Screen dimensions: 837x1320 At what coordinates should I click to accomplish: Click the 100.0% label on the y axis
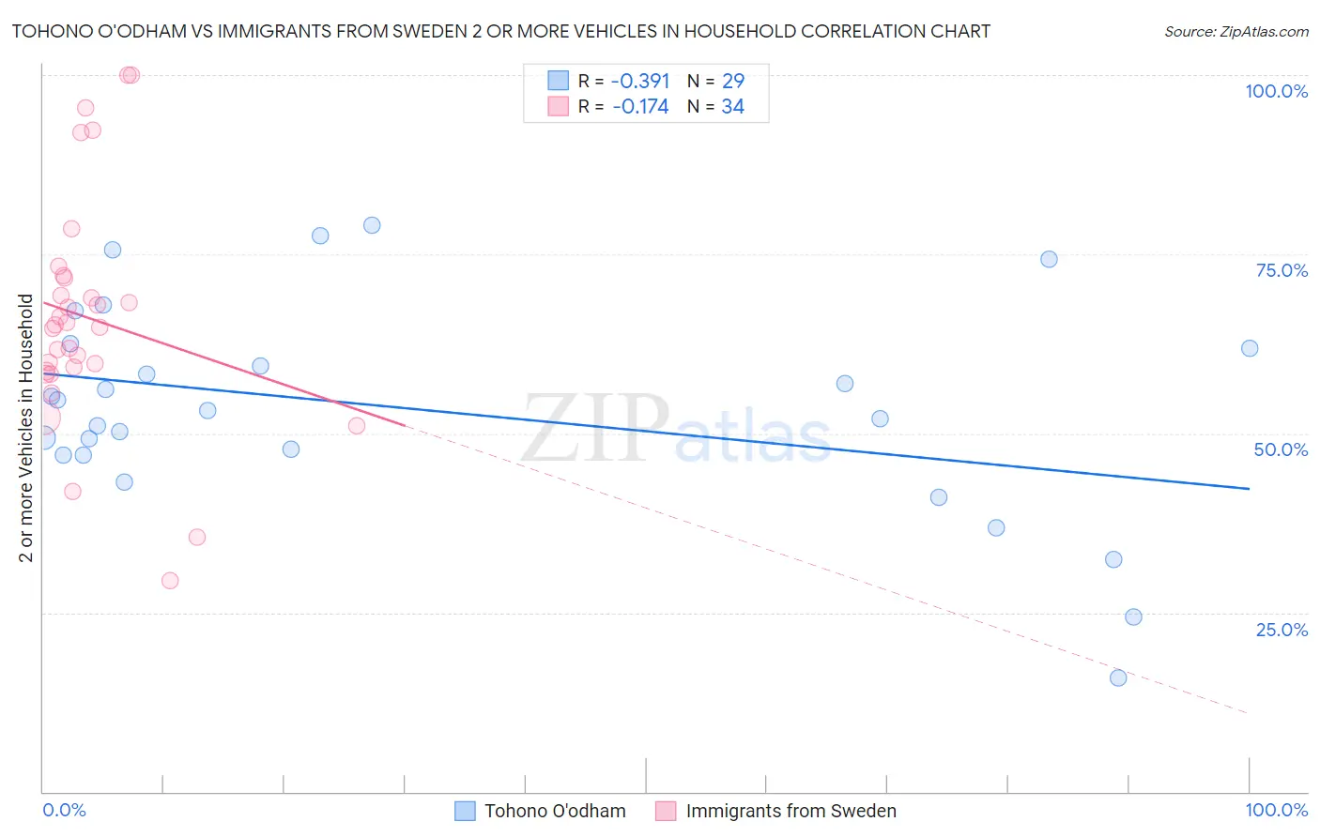point(1276,91)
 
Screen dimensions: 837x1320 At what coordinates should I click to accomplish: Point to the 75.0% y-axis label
point(1282,270)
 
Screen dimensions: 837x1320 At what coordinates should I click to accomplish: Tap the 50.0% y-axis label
point(1281,449)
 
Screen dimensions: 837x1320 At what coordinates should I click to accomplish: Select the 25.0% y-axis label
point(1282,630)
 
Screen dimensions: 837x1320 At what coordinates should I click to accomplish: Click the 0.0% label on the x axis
point(64,810)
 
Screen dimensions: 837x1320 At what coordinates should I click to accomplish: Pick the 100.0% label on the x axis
point(1276,810)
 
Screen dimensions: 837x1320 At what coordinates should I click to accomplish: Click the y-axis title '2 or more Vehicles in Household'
point(26,428)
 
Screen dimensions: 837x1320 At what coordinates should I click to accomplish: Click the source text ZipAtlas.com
point(1236,32)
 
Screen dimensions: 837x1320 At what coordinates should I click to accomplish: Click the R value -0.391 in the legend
point(640,82)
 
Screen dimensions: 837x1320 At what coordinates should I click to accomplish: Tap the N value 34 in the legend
point(732,107)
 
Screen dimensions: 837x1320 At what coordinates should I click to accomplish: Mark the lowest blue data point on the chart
point(1118,677)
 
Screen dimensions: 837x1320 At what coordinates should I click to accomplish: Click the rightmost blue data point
point(1250,348)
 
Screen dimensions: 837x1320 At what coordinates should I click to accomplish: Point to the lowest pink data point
point(170,581)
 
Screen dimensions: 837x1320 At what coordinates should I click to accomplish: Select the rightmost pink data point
point(357,426)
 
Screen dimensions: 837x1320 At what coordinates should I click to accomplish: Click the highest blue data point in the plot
point(372,225)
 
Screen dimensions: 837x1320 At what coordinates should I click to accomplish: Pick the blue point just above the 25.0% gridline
point(1133,616)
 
